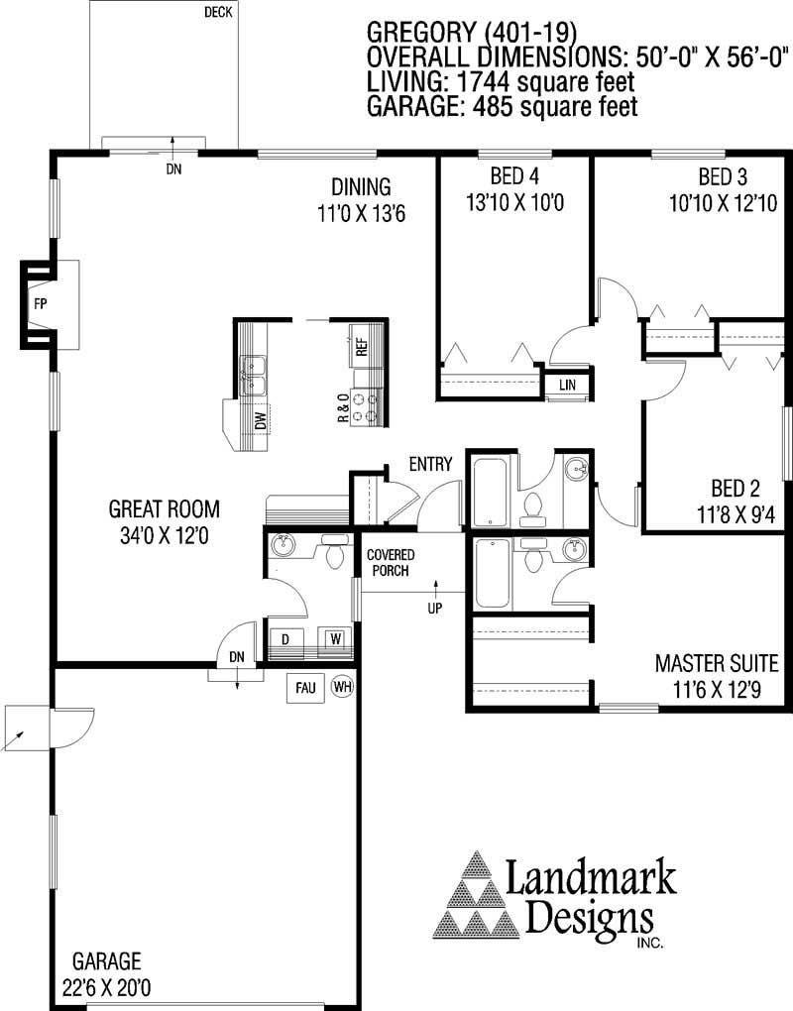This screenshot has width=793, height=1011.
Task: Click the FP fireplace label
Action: (41, 303)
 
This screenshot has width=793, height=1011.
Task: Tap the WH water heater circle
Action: (342, 686)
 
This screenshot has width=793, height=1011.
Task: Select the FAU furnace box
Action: (305, 688)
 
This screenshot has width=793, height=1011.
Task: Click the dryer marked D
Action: (284, 639)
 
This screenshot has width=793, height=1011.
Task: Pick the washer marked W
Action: (335, 639)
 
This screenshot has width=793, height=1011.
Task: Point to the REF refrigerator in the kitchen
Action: (361, 347)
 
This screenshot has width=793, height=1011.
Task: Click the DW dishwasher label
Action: (260, 420)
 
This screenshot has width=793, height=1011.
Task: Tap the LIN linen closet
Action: (567, 385)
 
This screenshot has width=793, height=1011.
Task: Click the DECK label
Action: (218, 12)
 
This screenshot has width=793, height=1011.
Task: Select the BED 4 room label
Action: (514, 176)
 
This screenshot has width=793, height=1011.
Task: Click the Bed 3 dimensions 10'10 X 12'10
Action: (724, 204)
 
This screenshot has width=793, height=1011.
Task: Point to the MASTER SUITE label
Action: (717, 663)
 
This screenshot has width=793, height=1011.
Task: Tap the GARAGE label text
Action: (106, 961)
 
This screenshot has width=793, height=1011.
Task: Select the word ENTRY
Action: (430, 464)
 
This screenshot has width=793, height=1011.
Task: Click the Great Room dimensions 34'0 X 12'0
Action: (165, 536)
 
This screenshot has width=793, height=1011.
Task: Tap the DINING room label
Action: (361, 187)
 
